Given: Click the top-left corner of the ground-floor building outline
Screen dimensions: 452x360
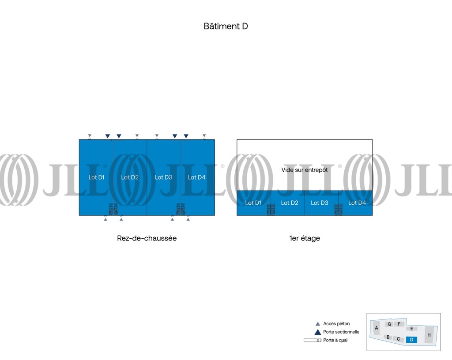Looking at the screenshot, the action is (x=79, y=140).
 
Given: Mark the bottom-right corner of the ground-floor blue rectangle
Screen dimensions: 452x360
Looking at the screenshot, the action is (x=215, y=215).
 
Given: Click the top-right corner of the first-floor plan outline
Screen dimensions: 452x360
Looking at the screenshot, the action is (x=373, y=140).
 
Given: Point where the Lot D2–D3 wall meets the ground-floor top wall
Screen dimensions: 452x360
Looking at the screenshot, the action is (x=147, y=140).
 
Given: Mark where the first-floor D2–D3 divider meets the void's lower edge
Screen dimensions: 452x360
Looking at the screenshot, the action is (x=305, y=191).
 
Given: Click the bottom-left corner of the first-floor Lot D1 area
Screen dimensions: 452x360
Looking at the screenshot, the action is (x=237, y=215).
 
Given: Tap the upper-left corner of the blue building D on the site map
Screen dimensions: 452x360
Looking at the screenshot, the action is (x=406, y=337).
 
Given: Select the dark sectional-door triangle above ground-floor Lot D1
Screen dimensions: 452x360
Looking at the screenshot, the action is (x=108, y=136).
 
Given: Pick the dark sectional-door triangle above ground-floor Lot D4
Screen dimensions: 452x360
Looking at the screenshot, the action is (x=186, y=136).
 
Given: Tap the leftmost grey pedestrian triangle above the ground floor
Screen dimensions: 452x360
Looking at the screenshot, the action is (x=90, y=135).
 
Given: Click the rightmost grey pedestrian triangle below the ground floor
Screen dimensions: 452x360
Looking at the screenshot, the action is (x=188, y=219).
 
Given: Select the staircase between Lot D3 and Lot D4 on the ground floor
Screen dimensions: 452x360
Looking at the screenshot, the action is (x=181, y=210).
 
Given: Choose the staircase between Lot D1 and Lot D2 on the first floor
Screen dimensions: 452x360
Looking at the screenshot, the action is (x=271, y=210).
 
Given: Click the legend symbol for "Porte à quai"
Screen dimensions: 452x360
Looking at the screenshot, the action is (x=313, y=340).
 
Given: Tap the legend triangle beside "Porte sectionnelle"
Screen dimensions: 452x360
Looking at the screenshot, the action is (x=318, y=332).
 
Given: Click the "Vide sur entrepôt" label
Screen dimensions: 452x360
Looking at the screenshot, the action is (x=305, y=170).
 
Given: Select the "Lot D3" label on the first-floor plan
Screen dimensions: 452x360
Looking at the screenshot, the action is (x=320, y=203).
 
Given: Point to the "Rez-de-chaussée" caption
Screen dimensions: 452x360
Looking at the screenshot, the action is (x=147, y=238).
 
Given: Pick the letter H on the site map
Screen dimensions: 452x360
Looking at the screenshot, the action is (x=429, y=335).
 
